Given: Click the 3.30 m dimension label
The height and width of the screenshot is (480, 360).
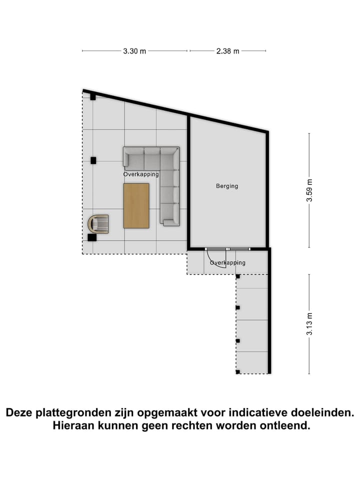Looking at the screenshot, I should (x=134, y=51).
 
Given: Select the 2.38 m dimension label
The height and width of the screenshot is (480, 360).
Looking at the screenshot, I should (x=228, y=51).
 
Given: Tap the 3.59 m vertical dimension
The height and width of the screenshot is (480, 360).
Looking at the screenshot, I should (x=309, y=190).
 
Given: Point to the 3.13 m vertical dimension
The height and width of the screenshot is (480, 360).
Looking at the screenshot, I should (x=309, y=323).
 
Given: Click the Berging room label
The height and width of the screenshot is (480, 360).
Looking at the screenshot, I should (x=227, y=186).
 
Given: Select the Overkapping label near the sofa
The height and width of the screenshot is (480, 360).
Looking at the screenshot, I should (x=141, y=174).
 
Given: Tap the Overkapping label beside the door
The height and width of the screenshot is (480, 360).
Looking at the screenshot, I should (x=227, y=262).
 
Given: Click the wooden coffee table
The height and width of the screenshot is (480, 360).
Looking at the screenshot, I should (x=136, y=205).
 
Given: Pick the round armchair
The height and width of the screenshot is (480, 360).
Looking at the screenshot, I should (x=98, y=223).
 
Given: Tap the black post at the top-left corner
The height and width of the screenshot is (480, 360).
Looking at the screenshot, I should (x=93, y=96).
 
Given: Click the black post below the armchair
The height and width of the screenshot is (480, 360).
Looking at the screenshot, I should (x=92, y=237).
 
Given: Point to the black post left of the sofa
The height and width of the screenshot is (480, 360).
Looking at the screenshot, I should (x=93, y=160).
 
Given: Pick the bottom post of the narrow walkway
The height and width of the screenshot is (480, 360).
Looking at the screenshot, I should (x=238, y=371).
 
